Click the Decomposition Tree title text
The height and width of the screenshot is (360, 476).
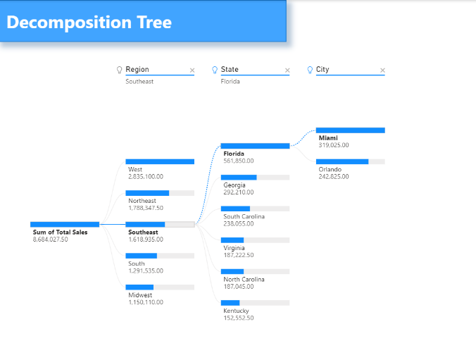point(89,22)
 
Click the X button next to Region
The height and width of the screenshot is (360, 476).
point(192,70)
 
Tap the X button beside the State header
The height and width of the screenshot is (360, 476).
point(287,70)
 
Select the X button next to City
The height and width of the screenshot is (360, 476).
point(382,70)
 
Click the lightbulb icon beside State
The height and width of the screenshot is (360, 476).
point(215,70)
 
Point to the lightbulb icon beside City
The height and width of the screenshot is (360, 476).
point(310,70)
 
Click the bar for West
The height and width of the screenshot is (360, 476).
point(160,161)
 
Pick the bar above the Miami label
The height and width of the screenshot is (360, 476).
point(351,130)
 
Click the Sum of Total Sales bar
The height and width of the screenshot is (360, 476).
point(65,225)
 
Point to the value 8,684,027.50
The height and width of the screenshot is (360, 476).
point(51,240)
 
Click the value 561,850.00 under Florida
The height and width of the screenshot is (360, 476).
point(239,161)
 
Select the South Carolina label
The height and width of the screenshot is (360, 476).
point(244,216)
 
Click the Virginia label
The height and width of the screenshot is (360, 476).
point(234,248)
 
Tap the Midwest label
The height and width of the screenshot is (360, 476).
point(140,295)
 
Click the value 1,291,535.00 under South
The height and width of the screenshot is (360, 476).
point(146,271)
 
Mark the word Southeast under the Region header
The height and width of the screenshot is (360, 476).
point(139,82)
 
